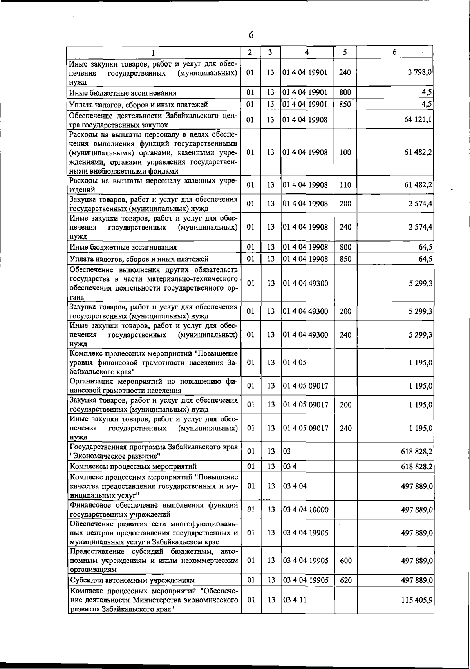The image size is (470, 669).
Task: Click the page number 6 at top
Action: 251,35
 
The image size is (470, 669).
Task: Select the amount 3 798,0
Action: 419,72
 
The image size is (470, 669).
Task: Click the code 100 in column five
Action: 345,153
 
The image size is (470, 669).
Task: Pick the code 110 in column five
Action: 345,185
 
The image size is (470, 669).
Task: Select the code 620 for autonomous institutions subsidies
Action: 345,580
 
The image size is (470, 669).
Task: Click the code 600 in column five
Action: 345,561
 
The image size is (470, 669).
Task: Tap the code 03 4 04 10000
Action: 305,510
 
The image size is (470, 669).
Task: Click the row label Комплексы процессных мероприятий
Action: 133,466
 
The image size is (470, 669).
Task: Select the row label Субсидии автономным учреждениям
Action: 132,580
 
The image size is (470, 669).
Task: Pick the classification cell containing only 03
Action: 287,451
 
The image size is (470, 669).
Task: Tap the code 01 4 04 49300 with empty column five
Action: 305,283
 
